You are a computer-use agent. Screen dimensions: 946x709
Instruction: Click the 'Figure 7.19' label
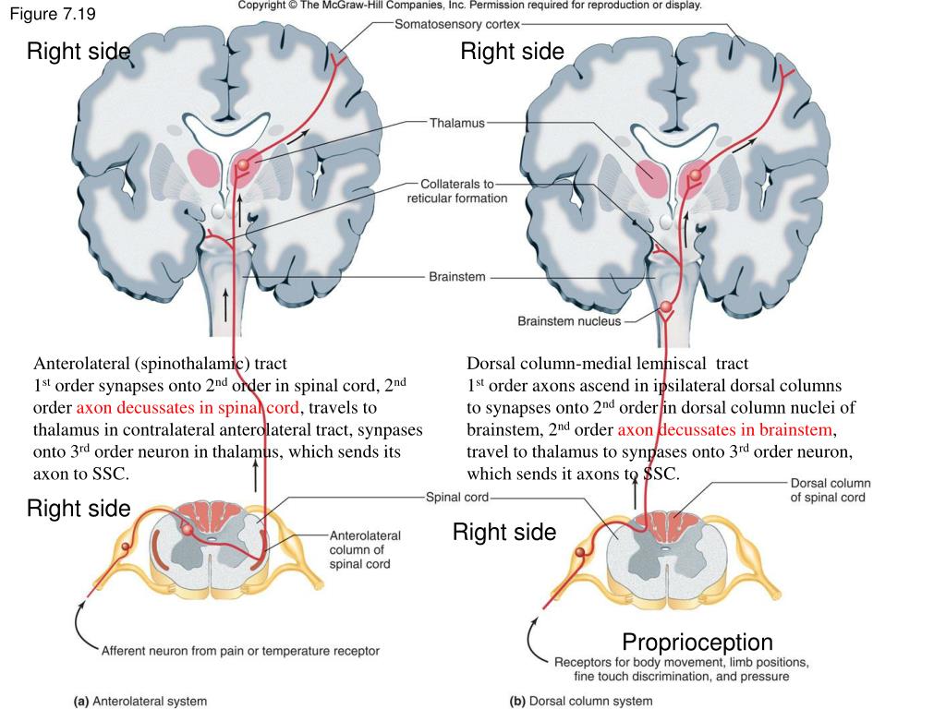coord(53,14)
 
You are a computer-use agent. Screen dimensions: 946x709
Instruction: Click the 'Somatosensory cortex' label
coord(456,24)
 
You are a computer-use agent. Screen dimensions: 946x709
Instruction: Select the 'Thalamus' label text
coord(456,123)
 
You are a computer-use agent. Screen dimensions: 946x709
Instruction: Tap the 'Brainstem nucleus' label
coord(569,320)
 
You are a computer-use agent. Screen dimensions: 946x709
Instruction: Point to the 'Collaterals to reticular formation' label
coord(456,191)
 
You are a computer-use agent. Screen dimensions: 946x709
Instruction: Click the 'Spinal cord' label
coord(456,498)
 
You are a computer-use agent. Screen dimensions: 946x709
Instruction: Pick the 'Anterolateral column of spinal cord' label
coord(364,550)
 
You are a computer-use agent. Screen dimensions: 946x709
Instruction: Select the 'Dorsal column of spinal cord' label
coord(831,490)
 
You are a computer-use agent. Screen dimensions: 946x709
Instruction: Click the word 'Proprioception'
coord(697,643)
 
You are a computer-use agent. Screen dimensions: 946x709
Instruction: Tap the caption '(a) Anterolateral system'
coord(140,702)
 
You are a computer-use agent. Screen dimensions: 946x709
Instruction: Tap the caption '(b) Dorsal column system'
coord(581,702)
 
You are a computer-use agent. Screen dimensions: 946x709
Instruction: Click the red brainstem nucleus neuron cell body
coord(665,306)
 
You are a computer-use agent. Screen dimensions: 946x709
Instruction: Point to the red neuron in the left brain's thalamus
coord(243,164)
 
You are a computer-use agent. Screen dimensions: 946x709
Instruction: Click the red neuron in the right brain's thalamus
coord(695,174)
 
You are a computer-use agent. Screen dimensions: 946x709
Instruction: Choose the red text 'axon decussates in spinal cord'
coord(188,408)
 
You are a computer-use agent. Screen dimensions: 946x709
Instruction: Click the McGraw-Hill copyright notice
coord(469,6)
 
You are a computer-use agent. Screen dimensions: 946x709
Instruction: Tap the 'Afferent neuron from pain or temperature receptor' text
coord(240,651)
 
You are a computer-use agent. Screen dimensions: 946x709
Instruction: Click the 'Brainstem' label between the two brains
coord(456,277)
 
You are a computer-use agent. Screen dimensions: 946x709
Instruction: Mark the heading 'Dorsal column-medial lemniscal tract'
coord(607,364)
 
